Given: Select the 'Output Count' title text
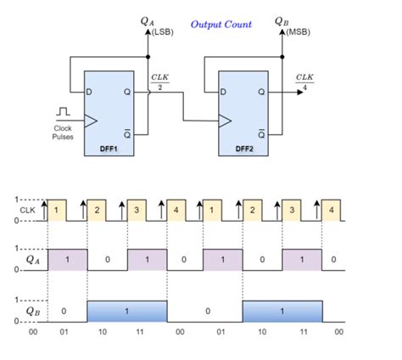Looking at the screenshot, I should [221, 24].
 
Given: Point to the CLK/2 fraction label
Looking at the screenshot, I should [159, 82].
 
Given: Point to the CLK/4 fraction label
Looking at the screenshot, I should [304, 82].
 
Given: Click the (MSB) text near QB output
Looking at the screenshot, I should [297, 31].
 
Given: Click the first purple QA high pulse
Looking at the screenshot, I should [67, 259].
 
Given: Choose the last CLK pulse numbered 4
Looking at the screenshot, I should [332, 210].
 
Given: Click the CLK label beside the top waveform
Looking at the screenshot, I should [28, 210].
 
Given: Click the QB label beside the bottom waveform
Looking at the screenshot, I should [31, 311].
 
